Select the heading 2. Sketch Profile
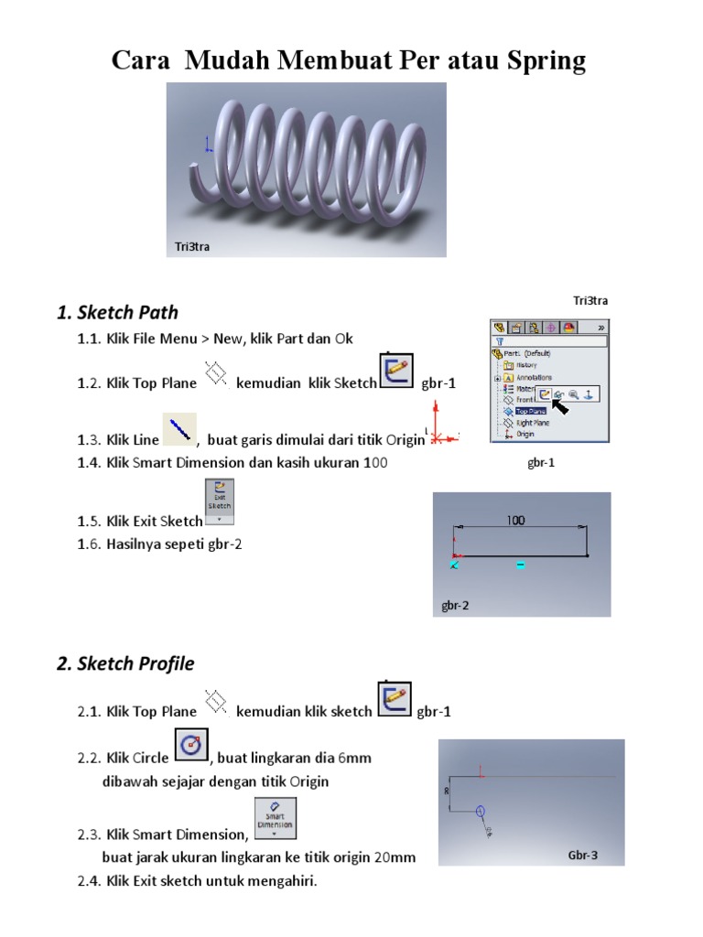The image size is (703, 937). (x=125, y=663)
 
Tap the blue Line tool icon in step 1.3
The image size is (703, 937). (x=179, y=428)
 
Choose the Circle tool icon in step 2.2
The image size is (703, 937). (x=190, y=745)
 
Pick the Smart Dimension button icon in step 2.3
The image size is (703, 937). (x=275, y=818)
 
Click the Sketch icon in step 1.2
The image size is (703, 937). (x=395, y=371)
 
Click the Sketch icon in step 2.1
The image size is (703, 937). (x=394, y=699)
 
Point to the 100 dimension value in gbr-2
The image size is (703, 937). (x=515, y=521)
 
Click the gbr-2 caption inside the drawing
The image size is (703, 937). (x=455, y=605)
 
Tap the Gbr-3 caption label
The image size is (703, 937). (x=583, y=856)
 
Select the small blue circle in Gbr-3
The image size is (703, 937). (x=481, y=811)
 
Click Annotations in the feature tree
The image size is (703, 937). (x=533, y=378)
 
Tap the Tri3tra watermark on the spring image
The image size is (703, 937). (x=192, y=246)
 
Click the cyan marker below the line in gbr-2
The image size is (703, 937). (x=520, y=565)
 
